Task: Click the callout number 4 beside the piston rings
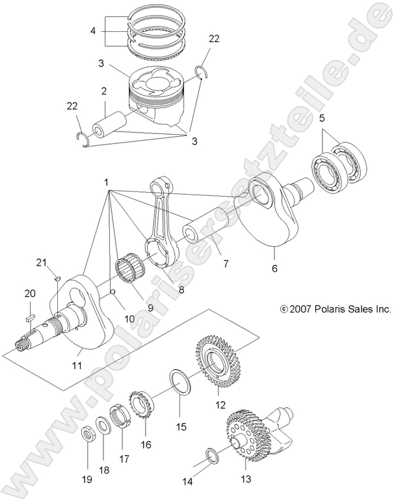coord(93,31)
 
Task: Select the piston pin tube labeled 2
coord(109,125)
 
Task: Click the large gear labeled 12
coord(218,365)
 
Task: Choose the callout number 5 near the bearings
coord(321,119)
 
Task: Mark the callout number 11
coord(77,365)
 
